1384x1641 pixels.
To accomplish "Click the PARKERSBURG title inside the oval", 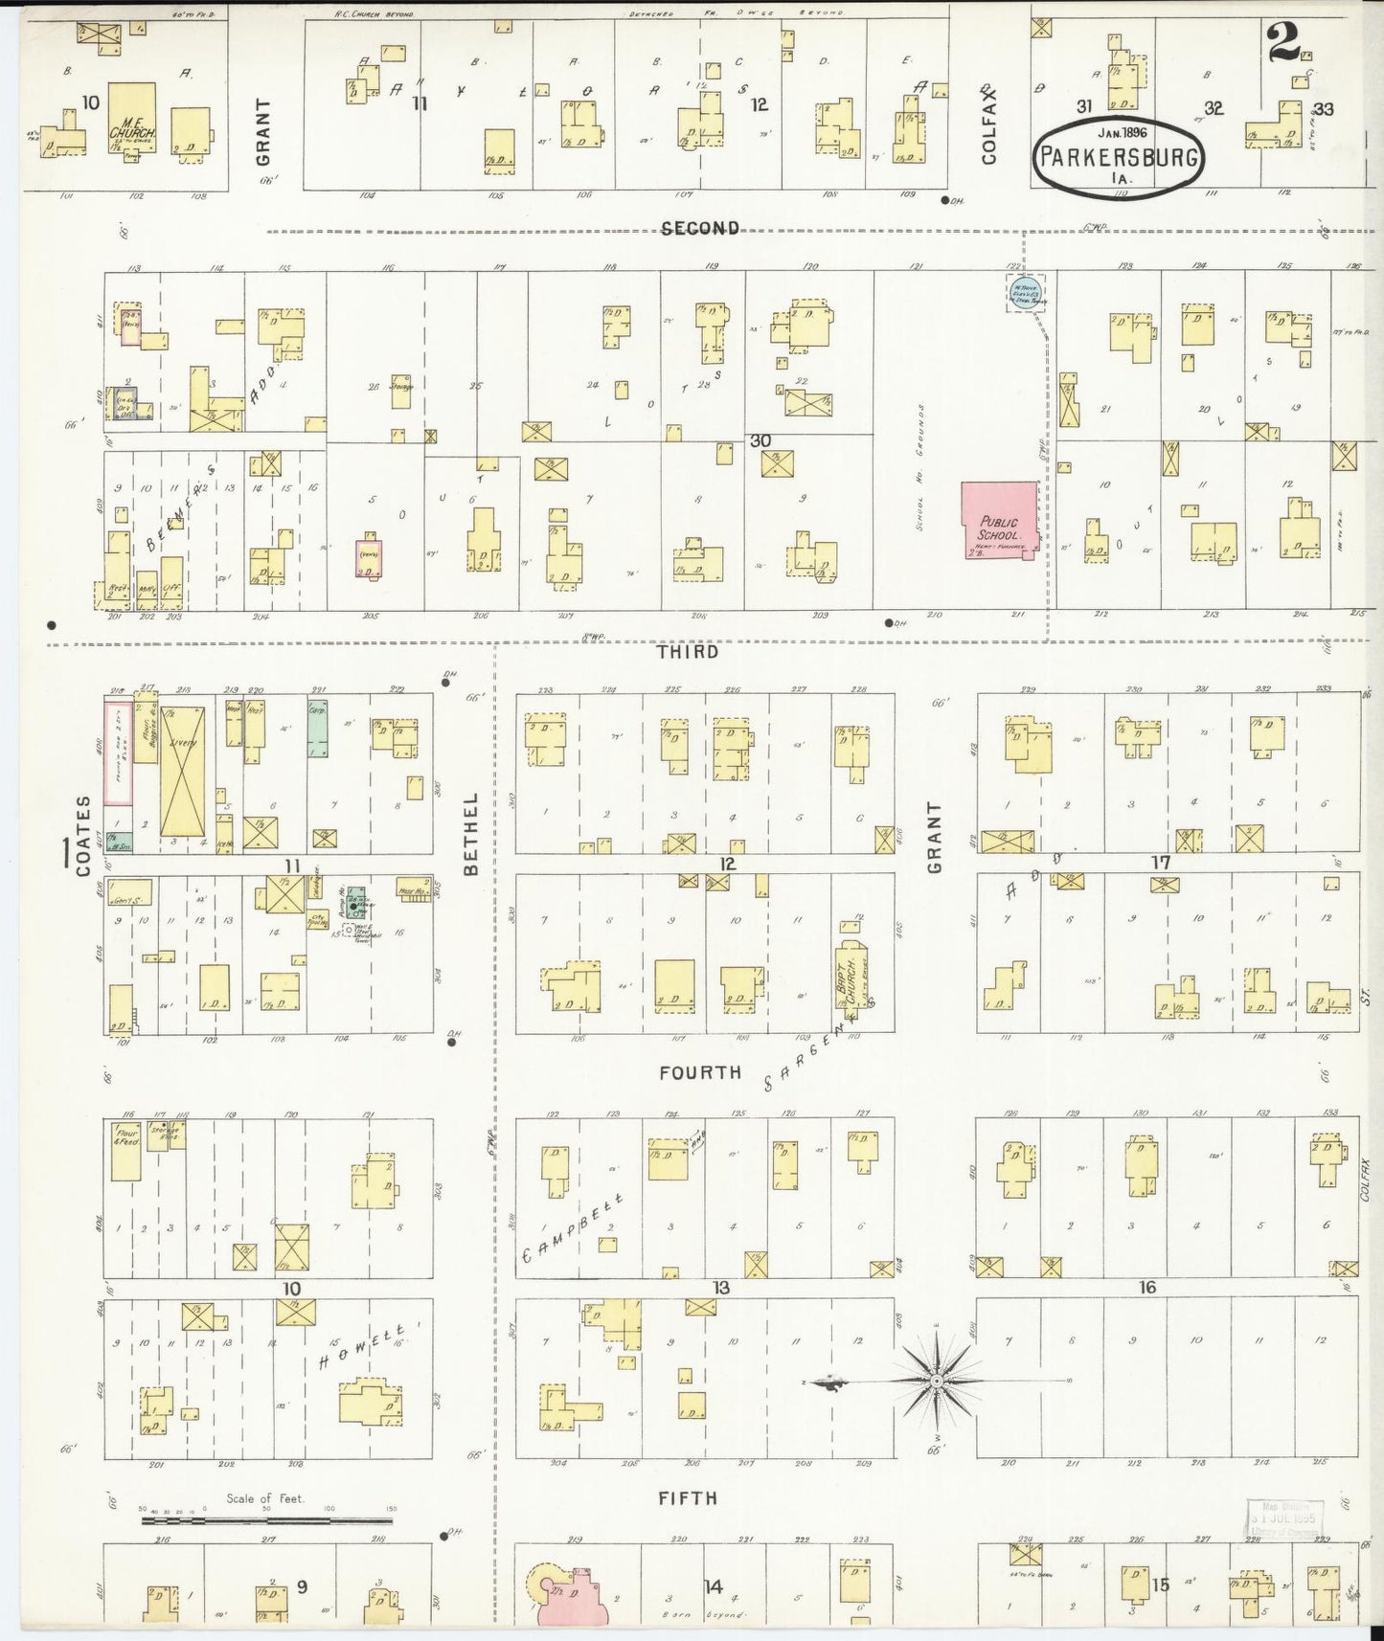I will [1118, 156].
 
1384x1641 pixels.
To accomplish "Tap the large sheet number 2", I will [1284, 43].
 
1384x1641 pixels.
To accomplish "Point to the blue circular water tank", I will [1024, 290].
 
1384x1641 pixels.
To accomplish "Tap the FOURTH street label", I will [700, 1072].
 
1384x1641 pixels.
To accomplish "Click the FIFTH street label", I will [688, 1497].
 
